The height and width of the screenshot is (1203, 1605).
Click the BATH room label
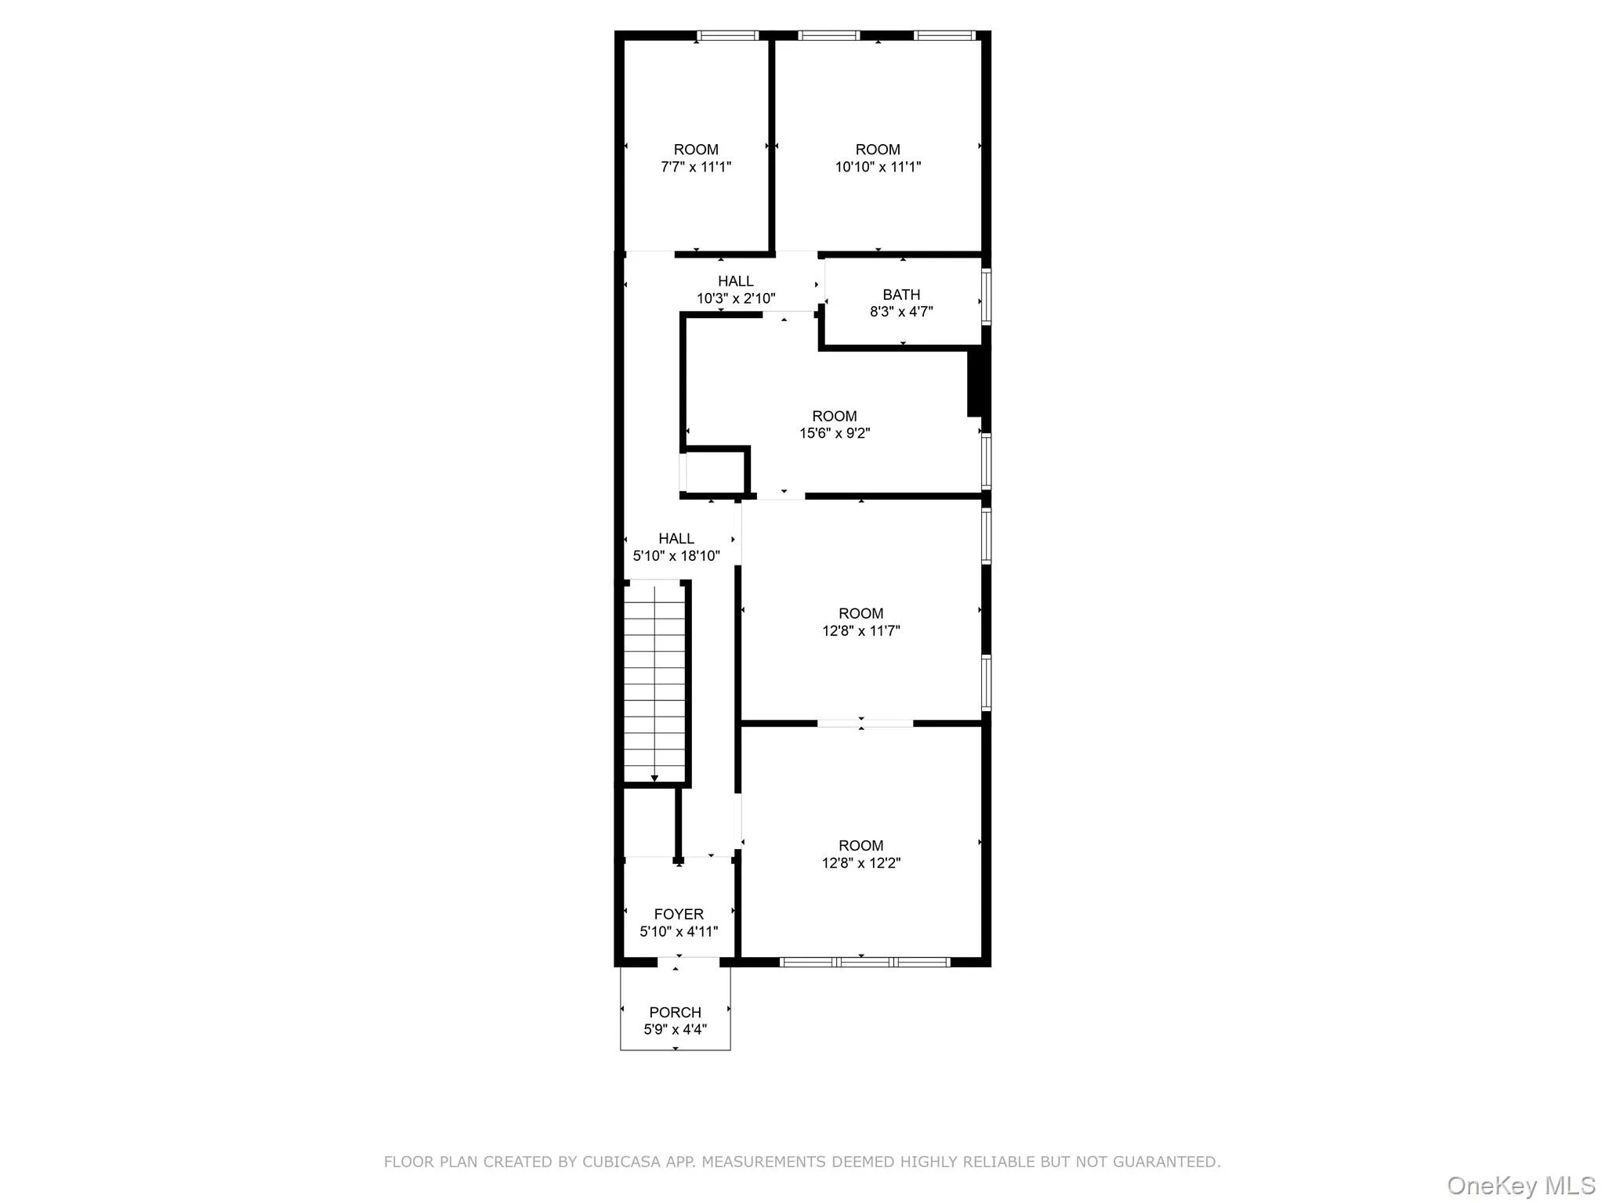pyautogui.click(x=901, y=294)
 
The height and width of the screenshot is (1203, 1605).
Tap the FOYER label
pyautogui.click(x=679, y=914)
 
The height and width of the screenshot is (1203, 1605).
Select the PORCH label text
pyautogui.click(x=675, y=1012)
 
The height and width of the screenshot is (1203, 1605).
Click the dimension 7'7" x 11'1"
pyautogui.click(x=696, y=167)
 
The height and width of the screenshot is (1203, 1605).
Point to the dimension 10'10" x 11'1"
pyautogui.click(x=878, y=167)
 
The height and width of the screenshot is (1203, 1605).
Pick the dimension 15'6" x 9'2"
pyautogui.click(x=835, y=433)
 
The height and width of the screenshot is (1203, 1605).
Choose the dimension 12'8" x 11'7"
pyautogui.click(x=860, y=630)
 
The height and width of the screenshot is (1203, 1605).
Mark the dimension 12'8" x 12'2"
pyautogui.click(x=860, y=863)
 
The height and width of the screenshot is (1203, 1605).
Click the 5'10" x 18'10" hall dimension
pyautogui.click(x=676, y=556)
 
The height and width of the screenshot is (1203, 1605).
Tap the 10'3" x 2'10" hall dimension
pyautogui.click(x=736, y=298)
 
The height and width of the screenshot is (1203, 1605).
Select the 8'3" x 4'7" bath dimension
pyautogui.click(x=901, y=312)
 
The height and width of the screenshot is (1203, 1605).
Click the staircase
pyautogui.click(x=654, y=681)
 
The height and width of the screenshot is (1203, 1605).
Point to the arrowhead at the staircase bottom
pyautogui.click(x=654, y=778)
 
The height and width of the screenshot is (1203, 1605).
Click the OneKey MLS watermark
pyautogui.click(x=1521, y=1185)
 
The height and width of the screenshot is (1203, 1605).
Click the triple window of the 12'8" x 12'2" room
pyautogui.click(x=864, y=962)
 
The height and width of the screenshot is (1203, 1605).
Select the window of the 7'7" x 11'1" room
pyautogui.click(x=727, y=35)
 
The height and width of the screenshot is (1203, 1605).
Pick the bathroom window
pyautogui.click(x=987, y=296)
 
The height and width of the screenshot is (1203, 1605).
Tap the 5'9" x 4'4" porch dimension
pyautogui.click(x=675, y=1030)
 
